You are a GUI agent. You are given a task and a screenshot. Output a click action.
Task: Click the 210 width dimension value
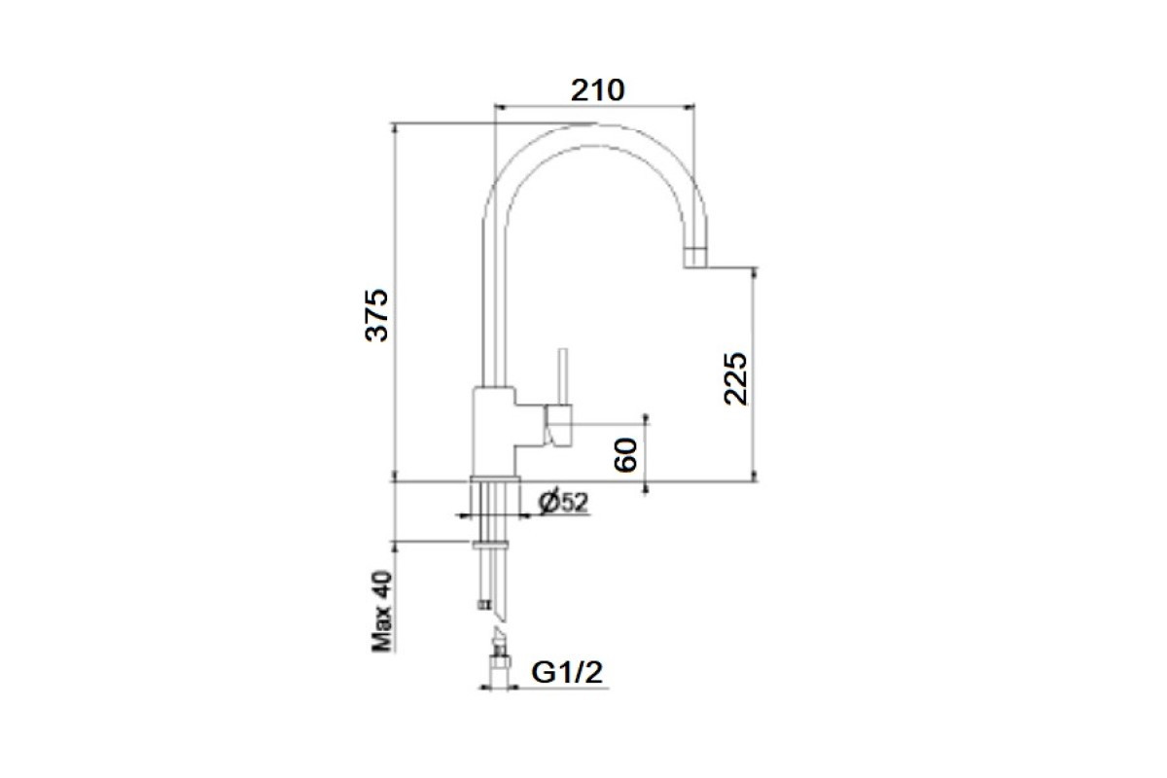[597, 90]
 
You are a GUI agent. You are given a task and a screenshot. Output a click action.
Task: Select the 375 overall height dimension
[376, 315]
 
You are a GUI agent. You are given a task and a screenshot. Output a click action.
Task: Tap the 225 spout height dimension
[735, 379]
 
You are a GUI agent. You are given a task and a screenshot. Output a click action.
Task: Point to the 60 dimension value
[625, 455]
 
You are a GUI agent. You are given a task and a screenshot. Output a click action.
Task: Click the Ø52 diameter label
[564, 503]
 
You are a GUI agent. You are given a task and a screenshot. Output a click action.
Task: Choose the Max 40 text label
[381, 612]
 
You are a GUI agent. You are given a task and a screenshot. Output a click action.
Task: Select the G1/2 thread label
[567, 672]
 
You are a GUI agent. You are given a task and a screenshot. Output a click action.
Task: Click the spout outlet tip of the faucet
[695, 258]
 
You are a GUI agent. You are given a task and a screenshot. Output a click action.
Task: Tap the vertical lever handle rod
[562, 376]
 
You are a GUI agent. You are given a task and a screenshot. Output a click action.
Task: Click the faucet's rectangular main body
[494, 432]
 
